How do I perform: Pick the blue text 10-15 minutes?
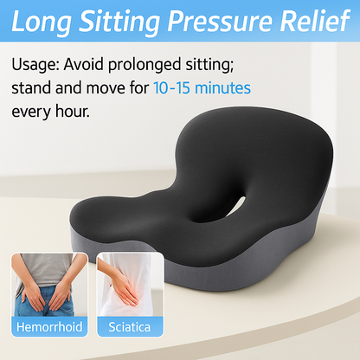202,88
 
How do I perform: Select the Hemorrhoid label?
48,328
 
